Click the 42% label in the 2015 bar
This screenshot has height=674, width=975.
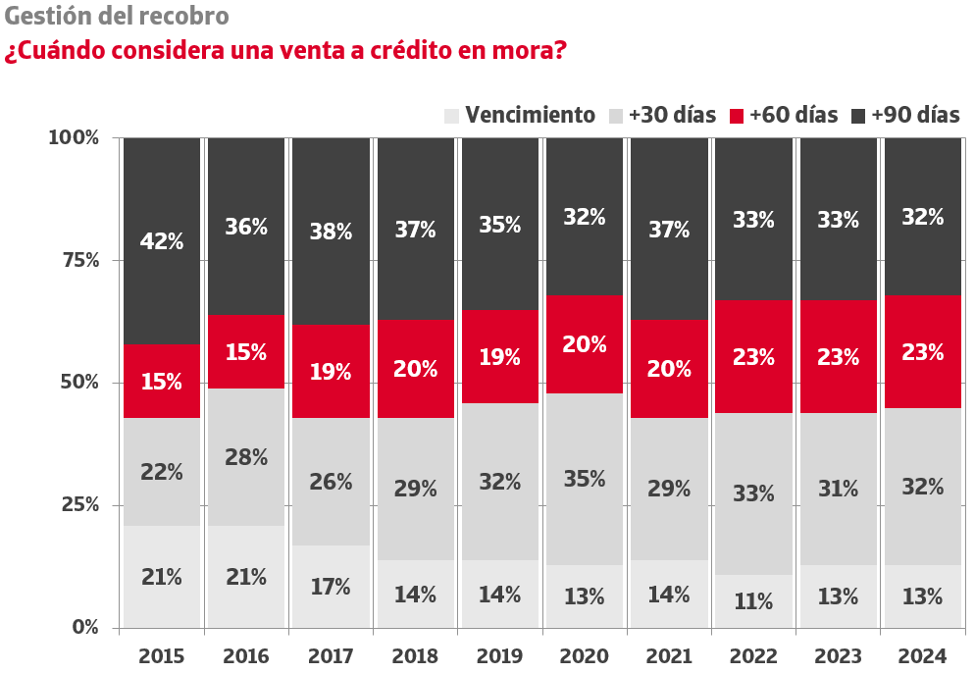(162, 240)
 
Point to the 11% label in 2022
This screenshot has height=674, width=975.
(753, 601)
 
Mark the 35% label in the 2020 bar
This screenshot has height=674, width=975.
(585, 480)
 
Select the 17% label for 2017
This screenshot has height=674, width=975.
(331, 587)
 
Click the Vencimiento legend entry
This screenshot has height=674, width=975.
(520, 115)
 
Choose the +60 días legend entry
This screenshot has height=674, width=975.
(784, 115)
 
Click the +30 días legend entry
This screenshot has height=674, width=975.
(663, 115)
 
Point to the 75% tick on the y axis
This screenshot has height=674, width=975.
(75, 260)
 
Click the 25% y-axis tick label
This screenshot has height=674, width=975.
(75, 504)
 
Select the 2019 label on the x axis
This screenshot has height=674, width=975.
(500, 655)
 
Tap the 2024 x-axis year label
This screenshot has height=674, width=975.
(922, 655)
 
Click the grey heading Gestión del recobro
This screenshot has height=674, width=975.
(117, 17)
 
